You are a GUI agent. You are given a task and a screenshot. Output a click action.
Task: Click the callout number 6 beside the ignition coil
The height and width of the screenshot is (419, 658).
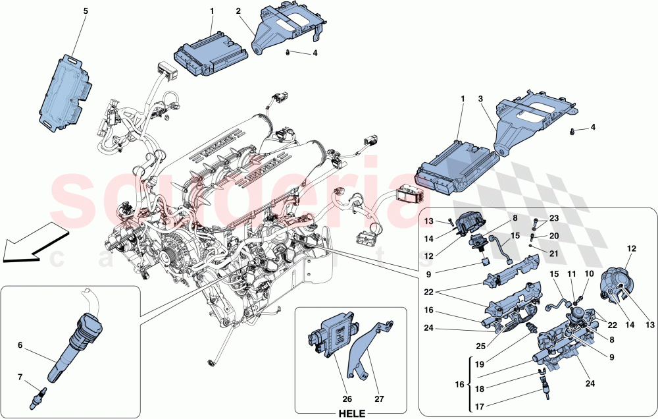(x=20, y=345)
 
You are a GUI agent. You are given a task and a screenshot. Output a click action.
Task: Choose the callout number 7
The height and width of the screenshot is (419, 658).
(x=20, y=377)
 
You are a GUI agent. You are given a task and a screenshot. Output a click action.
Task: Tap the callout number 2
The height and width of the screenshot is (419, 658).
(x=238, y=11)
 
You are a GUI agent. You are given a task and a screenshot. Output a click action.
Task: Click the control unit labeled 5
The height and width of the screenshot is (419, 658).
(x=63, y=90)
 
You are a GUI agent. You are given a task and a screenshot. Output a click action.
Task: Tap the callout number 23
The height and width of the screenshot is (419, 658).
(x=553, y=218)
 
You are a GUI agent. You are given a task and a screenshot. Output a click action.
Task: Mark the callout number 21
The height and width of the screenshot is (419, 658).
(x=553, y=253)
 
